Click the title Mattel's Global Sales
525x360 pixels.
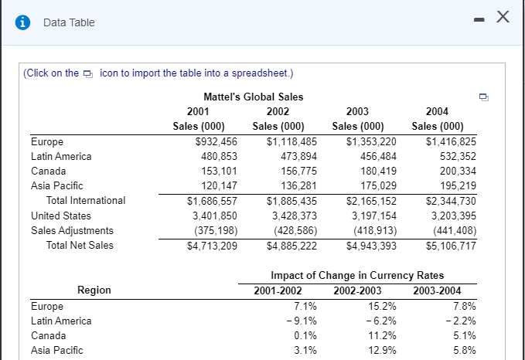(253, 97)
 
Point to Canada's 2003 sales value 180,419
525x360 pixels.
(375, 171)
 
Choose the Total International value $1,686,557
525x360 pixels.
(212, 200)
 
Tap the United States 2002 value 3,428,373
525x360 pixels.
(294, 216)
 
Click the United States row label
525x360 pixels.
(61, 216)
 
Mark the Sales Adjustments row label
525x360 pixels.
(72, 230)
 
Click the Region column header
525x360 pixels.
(94, 290)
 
